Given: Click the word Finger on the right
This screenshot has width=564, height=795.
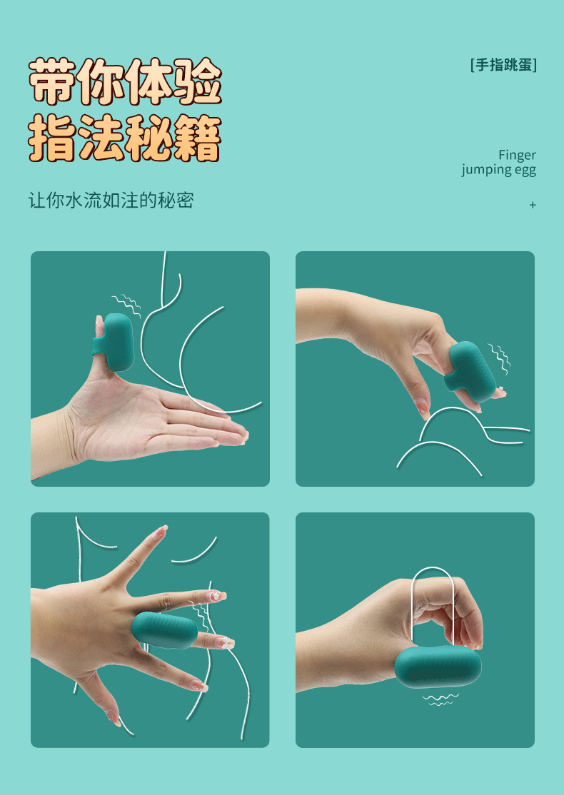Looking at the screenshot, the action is [517, 155].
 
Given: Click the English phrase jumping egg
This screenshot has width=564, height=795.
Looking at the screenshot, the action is [498, 170].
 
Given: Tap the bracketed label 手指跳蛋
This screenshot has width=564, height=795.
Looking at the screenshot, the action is [503, 65].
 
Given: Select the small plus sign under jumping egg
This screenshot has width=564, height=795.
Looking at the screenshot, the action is [533, 205].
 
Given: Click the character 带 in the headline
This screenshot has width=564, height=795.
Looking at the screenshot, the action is [53, 81].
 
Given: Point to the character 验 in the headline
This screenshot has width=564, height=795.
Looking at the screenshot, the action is [197, 81].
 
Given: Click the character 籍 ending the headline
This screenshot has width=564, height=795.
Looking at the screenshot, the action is [197, 138].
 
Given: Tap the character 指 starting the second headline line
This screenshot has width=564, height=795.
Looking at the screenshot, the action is [53, 138].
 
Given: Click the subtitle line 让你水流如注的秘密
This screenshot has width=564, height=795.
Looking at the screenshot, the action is [111, 201].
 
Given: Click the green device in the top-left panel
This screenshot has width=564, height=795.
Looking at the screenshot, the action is [115, 343].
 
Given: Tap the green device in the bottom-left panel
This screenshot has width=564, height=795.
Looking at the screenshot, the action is [164, 631].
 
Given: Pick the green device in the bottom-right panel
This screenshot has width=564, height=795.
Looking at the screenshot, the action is [438, 666].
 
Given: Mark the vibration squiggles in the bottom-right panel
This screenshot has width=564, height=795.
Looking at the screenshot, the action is [440, 700].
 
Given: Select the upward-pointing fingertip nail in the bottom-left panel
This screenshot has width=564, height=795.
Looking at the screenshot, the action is [162, 531].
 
